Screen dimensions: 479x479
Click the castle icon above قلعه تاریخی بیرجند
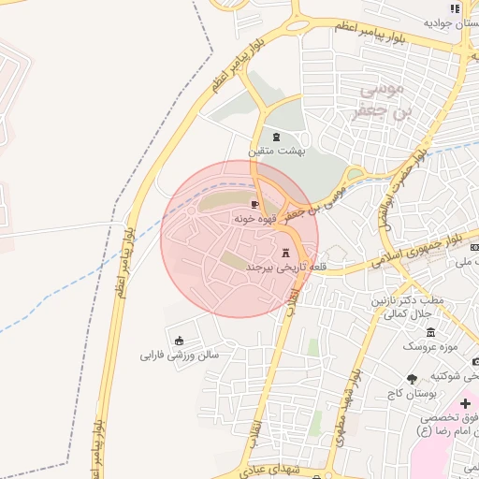tap(286, 253)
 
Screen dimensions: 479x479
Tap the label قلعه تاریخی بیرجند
tap(274, 268)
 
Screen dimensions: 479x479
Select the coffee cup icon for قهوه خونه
tap(254, 204)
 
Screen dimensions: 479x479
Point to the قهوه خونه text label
tap(254, 217)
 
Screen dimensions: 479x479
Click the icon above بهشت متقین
tap(275, 137)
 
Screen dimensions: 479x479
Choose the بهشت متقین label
tap(272, 151)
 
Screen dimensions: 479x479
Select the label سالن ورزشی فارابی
tap(180, 356)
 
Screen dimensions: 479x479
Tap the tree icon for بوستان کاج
tap(413, 378)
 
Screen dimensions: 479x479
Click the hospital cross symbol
tap(467, 403)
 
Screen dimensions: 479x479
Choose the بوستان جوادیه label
tap(455, 22)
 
